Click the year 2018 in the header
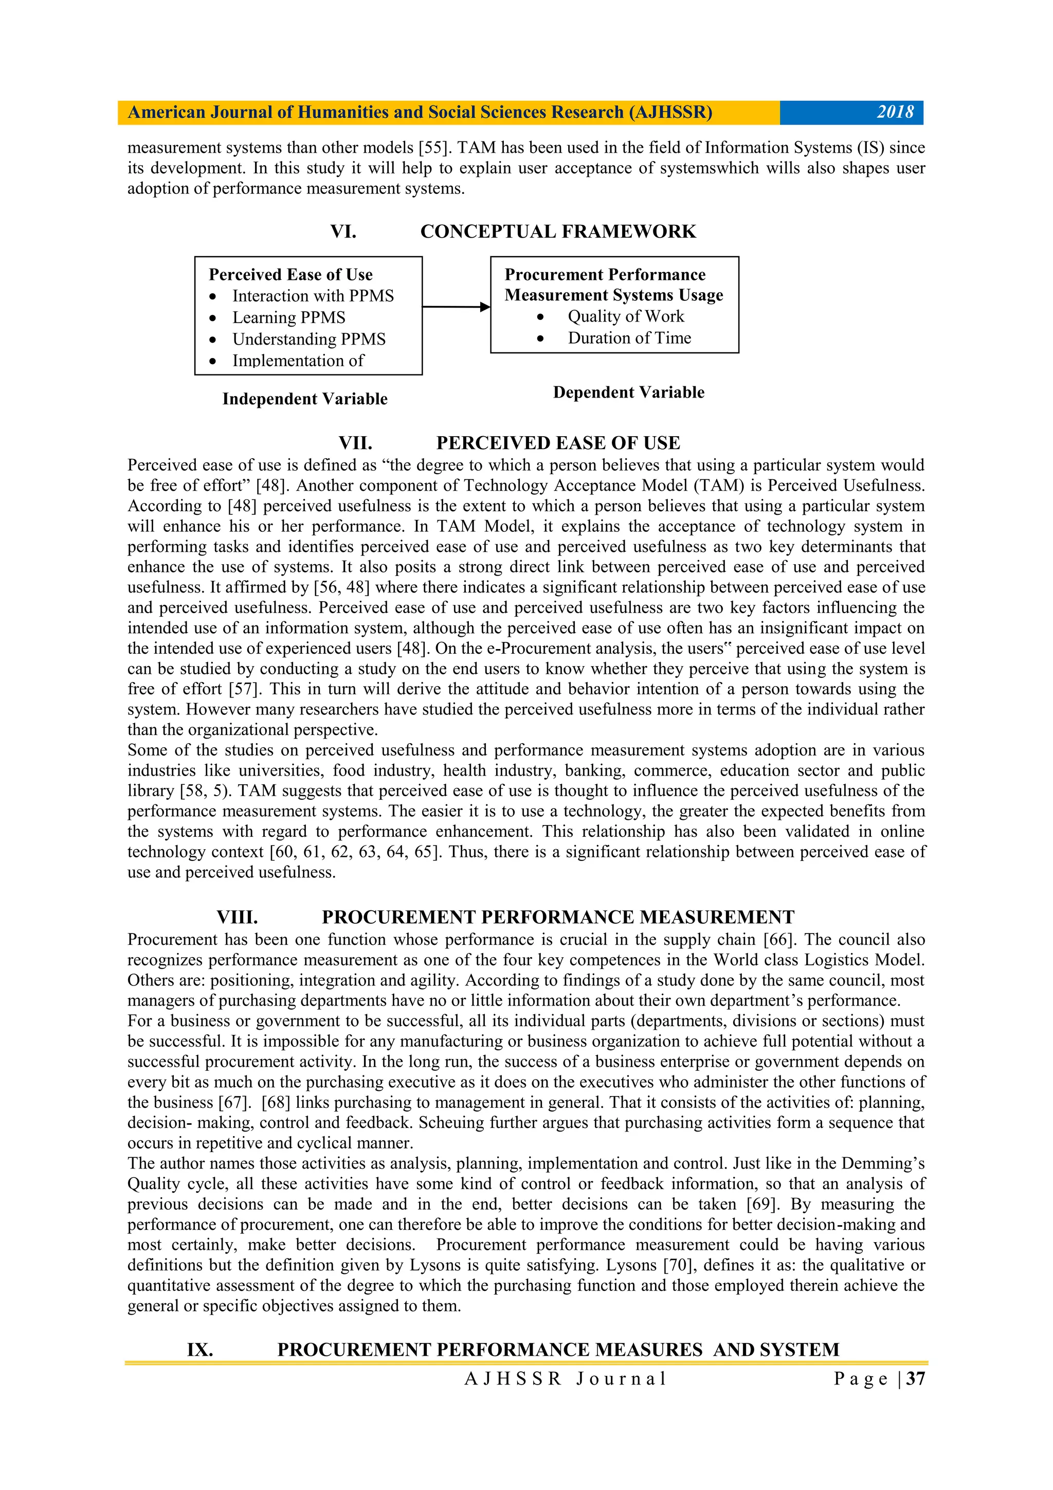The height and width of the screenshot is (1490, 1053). [x=895, y=112]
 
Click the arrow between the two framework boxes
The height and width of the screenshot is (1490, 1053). [x=456, y=307]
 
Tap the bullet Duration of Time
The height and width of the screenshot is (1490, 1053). [x=629, y=338]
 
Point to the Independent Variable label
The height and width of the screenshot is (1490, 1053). [x=304, y=399]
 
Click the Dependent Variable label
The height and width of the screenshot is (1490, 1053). [x=628, y=392]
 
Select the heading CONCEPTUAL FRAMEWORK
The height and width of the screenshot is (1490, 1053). [x=557, y=231]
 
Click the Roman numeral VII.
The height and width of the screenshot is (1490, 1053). [x=355, y=443]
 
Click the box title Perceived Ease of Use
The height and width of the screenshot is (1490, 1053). [x=290, y=275]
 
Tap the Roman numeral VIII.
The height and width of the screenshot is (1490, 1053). [x=237, y=917]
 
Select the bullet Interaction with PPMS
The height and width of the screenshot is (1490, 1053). [x=313, y=296]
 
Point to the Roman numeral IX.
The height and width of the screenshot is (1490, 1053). [x=200, y=1350]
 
